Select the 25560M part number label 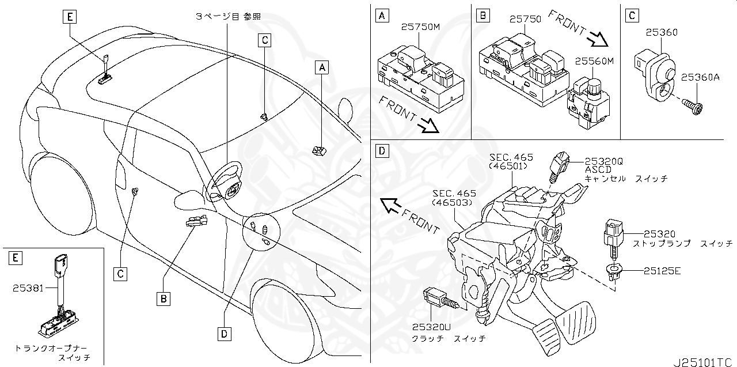coord(594,60)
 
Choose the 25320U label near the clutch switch coord(431,327)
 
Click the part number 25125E coord(662,269)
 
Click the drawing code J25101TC coord(705,361)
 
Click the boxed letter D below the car coord(224,332)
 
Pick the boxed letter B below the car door coord(164,298)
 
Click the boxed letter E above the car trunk coord(69,17)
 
